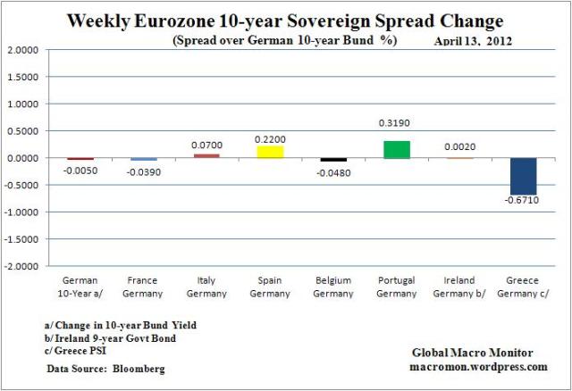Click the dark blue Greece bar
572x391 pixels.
pos(524,176)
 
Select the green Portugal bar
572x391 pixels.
pos(398,149)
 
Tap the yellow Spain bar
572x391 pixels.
pos(271,152)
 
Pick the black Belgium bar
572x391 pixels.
pos(334,160)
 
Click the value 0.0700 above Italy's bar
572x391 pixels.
pos(208,144)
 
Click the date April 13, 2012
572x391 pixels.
pos(471,41)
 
